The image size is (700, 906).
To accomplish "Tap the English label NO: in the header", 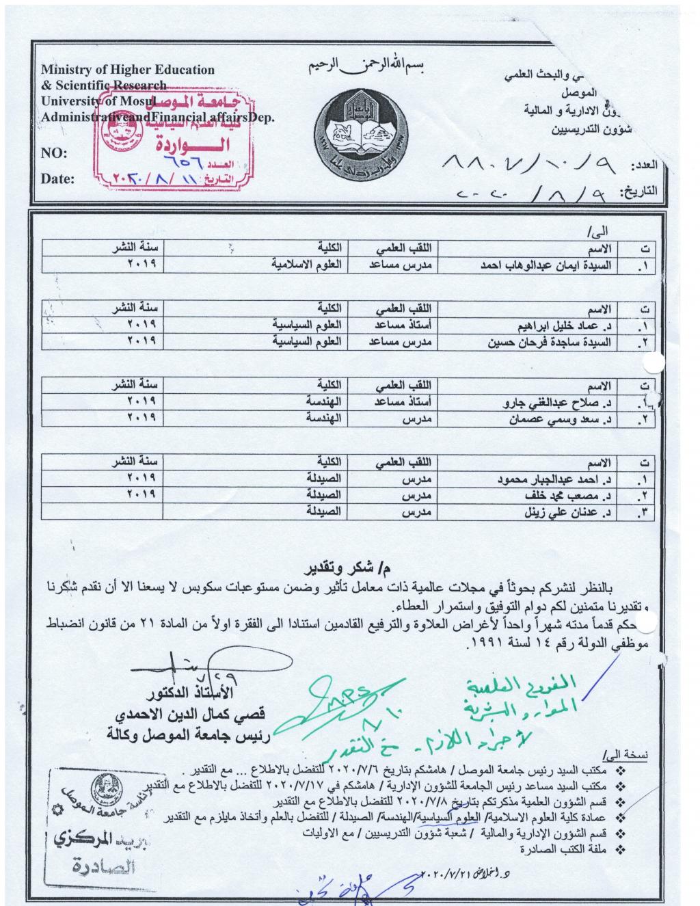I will tap(54, 153).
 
